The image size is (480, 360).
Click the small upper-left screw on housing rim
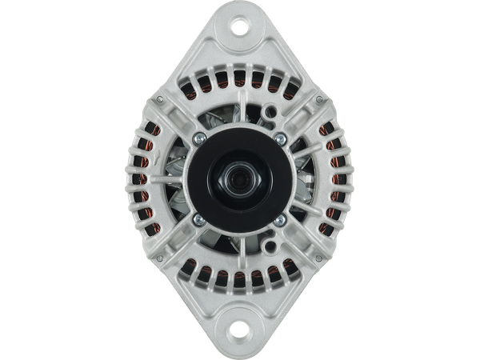coord(160,98)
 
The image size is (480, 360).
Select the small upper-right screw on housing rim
coord(319,98)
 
